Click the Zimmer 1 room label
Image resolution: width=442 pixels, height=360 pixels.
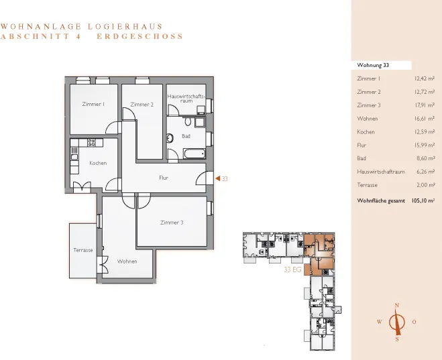(x=93, y=104)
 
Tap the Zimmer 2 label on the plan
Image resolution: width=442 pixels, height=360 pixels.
(x=142, y=105)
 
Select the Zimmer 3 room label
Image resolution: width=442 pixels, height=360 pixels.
(x=172, y=223)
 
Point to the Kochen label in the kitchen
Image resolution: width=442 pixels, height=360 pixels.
(x=98, y=163)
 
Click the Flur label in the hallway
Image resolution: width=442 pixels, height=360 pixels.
(x=164, y=178)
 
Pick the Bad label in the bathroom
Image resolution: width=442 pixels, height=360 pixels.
(x=186, y=136)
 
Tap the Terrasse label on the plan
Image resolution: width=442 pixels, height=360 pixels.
(x=83, y=250)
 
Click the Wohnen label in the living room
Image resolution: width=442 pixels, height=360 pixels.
(x=127, y=261)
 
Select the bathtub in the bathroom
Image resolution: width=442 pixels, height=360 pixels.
(x=195, y=154)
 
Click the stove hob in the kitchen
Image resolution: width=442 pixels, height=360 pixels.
(x=91, y=143)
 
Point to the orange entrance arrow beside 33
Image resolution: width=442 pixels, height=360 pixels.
(x=217, y=178)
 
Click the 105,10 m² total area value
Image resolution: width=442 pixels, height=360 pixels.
(x=423, y=201)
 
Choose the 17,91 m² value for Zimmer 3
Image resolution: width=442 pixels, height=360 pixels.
(x=425, y=105)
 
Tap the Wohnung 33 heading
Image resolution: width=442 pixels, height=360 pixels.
(x=373, y=65)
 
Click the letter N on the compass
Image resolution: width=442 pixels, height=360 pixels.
(x=397, y=305)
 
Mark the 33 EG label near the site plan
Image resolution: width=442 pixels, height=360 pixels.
(x=292, y=269)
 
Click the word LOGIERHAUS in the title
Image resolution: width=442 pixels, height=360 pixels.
(x=125, y=26)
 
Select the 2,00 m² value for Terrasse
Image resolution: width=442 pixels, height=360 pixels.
(x=426, y=185)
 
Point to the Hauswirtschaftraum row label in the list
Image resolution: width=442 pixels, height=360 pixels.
(x=381, y=172)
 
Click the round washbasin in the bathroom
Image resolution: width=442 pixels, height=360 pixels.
(x=170, y=138)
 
